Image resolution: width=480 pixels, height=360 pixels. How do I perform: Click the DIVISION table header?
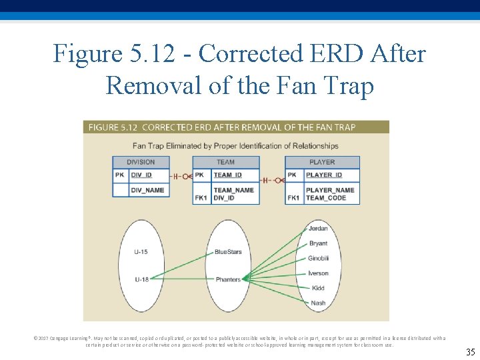[140, 162]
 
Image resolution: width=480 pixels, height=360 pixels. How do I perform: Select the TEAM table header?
[225, 162]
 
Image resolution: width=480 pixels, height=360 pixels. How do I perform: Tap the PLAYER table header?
[322, 162]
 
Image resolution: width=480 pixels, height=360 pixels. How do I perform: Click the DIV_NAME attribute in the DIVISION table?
[147, 190]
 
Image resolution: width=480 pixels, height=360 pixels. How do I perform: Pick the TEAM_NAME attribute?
[233, 190]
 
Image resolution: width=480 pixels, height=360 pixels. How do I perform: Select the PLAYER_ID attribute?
[324, 175]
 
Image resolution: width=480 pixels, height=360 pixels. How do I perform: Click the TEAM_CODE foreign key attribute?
[326, 198]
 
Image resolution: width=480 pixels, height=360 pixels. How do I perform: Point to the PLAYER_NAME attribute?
[330, 190]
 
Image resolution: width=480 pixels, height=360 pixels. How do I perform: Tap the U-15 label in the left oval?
[141, 251]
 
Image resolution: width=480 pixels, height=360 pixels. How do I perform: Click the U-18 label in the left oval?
[141, 279]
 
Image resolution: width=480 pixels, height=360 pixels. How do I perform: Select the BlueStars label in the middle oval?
[228, 251]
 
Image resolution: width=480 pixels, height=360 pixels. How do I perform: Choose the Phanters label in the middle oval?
[227, 279]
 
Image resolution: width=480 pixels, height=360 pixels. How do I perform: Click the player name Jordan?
[318, 229]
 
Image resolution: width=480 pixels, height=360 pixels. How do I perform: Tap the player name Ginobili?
[318, 258]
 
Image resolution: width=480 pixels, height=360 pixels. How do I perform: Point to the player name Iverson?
[318, 273]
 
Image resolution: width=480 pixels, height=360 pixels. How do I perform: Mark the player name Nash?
[318, 303]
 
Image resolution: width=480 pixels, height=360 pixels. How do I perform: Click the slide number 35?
[471, 351]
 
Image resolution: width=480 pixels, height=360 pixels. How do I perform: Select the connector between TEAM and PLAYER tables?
[271, 180]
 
